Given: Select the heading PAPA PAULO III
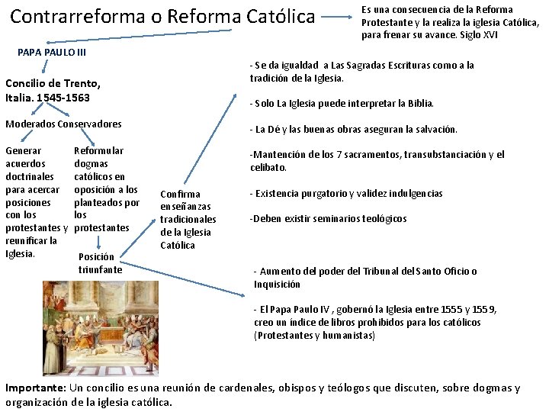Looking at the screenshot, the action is click(x=51, y=53).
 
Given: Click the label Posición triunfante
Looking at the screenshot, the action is click(x=100, y=262).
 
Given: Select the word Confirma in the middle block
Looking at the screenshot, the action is click(x=180, y=194).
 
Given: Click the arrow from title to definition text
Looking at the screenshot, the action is click(x=336, y=15).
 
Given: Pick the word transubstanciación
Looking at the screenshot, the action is click(x=430, y=155).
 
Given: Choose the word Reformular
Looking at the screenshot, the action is click(x=98, y=151).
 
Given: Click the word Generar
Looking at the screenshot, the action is click(x=24, y=151).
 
